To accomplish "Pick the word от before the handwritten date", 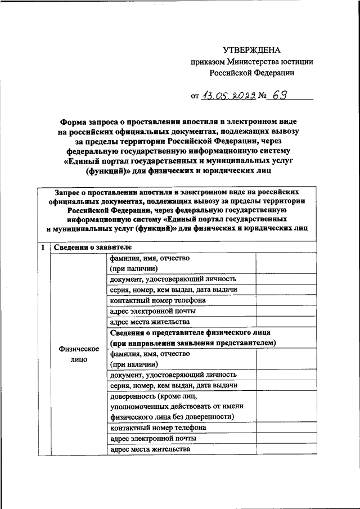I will [195, 96].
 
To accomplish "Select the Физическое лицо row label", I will [79, 354].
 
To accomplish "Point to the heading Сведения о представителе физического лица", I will [190, 332].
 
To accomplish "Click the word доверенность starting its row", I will [133, 396].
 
